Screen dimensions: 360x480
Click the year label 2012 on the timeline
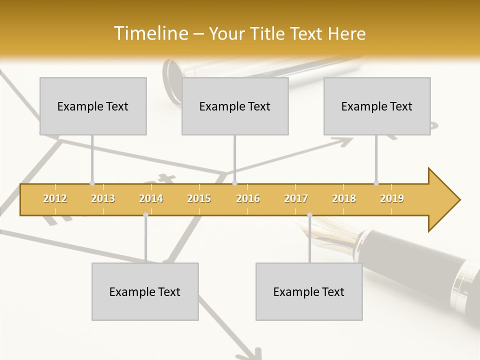point(55,198)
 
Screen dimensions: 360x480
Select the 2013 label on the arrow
point(103,198)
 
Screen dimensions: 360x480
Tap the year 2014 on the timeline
point(151,198)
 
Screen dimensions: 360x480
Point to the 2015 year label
point(199,198)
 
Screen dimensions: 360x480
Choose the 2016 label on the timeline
point(248,198)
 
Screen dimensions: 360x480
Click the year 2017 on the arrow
point(296,198)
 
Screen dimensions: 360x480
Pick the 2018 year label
point(344,198)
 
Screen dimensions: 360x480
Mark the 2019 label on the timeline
point(392,198)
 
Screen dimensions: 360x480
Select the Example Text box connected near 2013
point(93,106)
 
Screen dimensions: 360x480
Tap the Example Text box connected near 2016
point(235,106)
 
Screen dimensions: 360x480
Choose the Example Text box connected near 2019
point(377,106)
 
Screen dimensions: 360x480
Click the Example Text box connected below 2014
point(145,291)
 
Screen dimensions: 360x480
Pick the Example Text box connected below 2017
point(309,291)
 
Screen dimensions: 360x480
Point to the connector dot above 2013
point(92,183)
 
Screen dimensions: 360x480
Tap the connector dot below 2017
point(309,215)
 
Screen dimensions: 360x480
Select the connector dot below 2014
point(145,215)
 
